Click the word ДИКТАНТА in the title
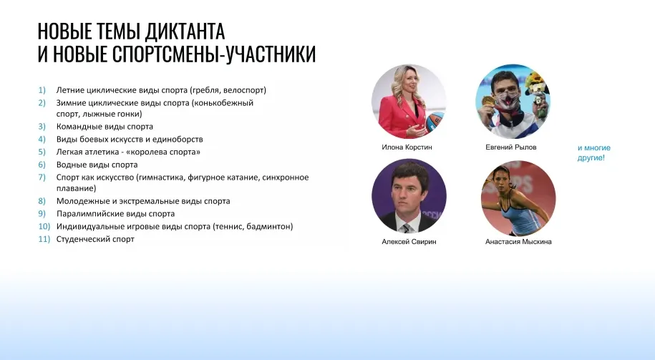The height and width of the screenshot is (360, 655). [x=184, y=31]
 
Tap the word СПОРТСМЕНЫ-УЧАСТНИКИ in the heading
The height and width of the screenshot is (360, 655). [x=214, y=54]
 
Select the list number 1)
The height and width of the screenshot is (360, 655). [x=42, y=90]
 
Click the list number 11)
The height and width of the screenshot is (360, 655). [x=44, y=239]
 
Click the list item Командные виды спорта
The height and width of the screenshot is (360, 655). [x=105, y=127]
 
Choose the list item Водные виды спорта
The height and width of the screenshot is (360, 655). [x=97, y=165]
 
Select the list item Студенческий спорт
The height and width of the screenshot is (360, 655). [x=95, y=239]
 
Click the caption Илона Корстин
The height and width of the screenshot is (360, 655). [x=407, y=147]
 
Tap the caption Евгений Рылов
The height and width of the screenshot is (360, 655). [x=511, y=147]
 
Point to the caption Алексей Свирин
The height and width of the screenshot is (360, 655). [x=409, y=242]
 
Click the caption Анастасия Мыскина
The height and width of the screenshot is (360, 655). [x=518, y=242]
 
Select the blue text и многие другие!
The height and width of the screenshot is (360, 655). [x=594, y=153]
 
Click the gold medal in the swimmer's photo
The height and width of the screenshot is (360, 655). [x=487, y=101]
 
